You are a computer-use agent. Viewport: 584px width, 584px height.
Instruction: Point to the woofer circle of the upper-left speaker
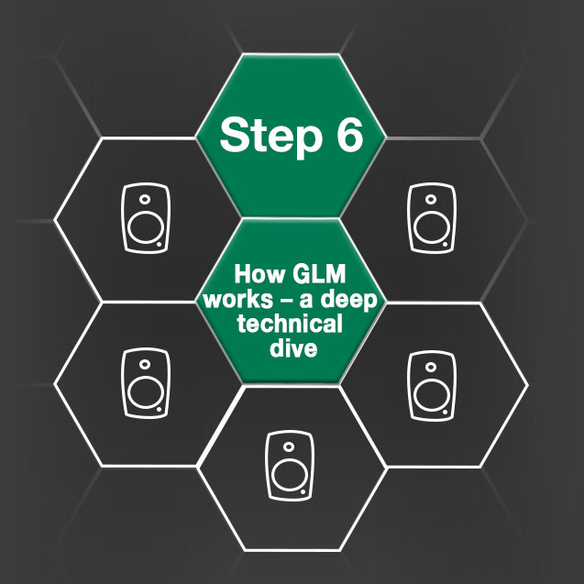[x=145, y=229]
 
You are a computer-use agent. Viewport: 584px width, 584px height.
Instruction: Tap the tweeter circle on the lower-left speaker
[x=146, y=363]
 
